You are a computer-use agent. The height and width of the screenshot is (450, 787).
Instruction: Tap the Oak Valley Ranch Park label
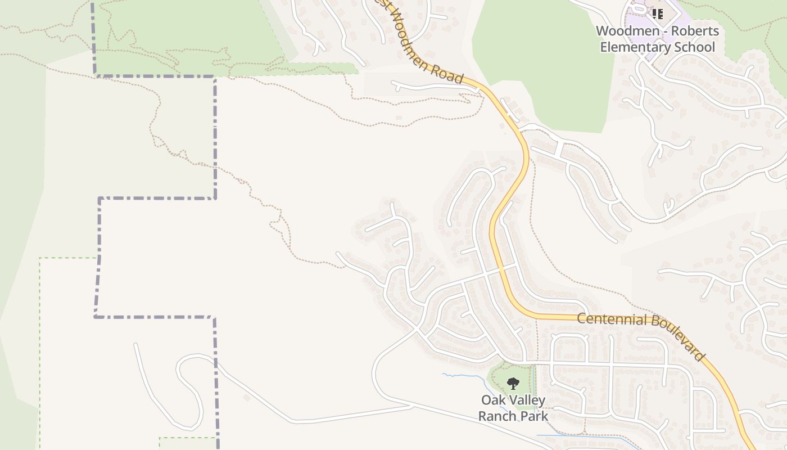pyautogui.click(x=513, y=408)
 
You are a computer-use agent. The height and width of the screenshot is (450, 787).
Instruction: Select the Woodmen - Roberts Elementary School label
pyautogui.click(x=657, y=39)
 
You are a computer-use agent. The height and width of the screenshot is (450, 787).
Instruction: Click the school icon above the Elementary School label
pyautogui.click(x=657, y=13)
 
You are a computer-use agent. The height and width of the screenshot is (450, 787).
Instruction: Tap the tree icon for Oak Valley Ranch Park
pyautogui.click(x=513, y=384)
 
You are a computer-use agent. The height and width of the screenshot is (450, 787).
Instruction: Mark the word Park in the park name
pyautogui.click(x=533, y=416)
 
